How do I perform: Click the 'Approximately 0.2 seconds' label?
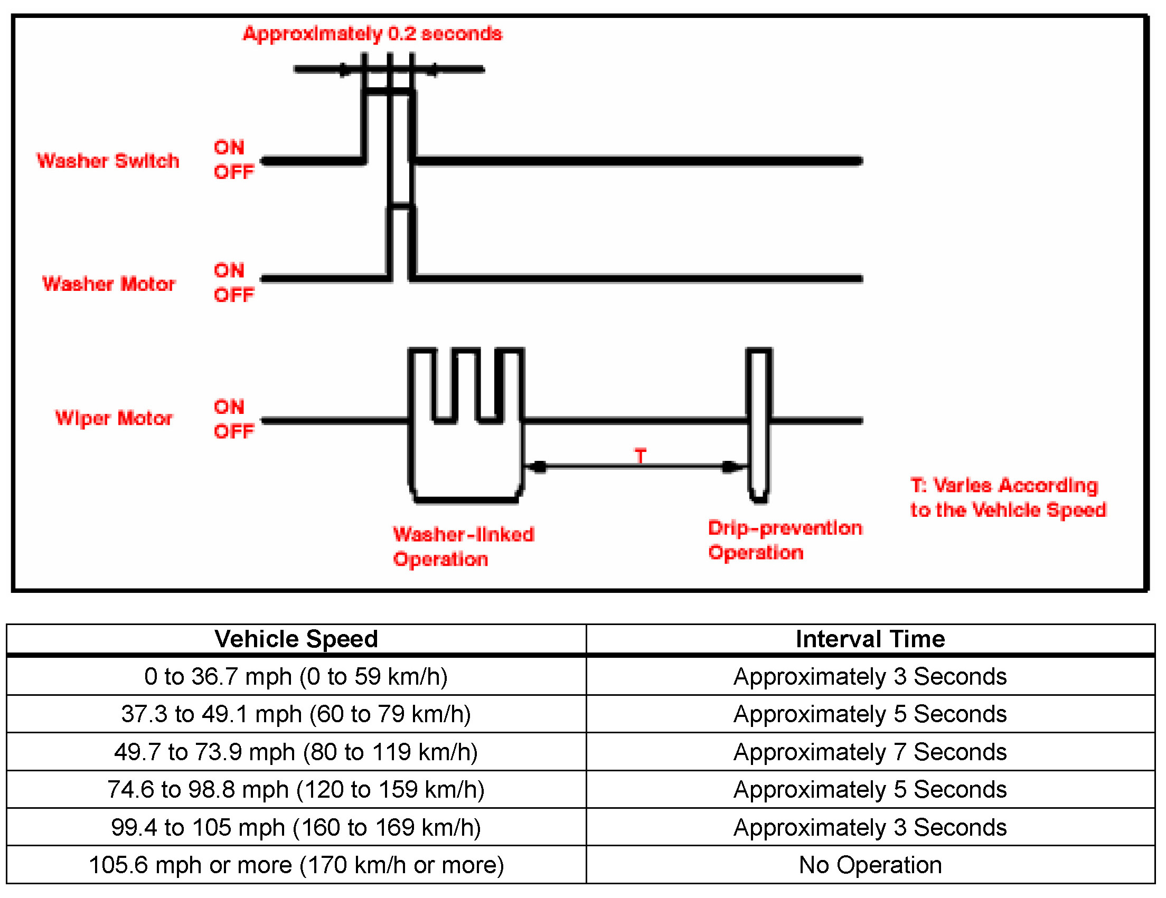pyautogui.click(x=372, y=34)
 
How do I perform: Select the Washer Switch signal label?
pyautogui.click(x=107, y=160)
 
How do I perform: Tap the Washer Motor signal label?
pyautogui.click(x=109, y=283)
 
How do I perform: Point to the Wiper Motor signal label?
pyautogui.click(x=114, y=418)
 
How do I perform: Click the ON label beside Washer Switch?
pyautogui.click(x=229, y=147)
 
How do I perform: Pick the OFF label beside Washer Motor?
pyautogui.click(x=234, y=295)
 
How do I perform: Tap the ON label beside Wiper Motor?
pyautogui.click(x=229, y=407)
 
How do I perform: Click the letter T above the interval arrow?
pyautogui.click(x=640, y=456)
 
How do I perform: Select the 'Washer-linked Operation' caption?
pyautogui.click(x=463, y=546)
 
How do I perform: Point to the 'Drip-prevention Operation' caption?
pyautogui.click(x=784, y=540)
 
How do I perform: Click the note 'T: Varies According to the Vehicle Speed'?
pyautogui.click(x=1008, y=497)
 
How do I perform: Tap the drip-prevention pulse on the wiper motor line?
pyautogui.click(x=758, y=424)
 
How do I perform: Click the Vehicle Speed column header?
pyautogui.click(x=296, y=639)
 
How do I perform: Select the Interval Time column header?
pyautogui.click(x=870, y=639)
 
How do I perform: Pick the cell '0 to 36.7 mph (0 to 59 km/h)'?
pyautogui.click(x=296, y=676)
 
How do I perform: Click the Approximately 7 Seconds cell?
pyautogui.click(x=870, y=752)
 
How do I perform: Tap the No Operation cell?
pyautogui.click(x=870, y=865)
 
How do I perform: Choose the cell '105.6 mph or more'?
pyautogui.click(x=296, y=865)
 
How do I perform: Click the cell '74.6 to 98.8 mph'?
pyautogui.click(x=296, y=789)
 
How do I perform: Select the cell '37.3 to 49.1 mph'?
pyautogui.click(x=296, y=714)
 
